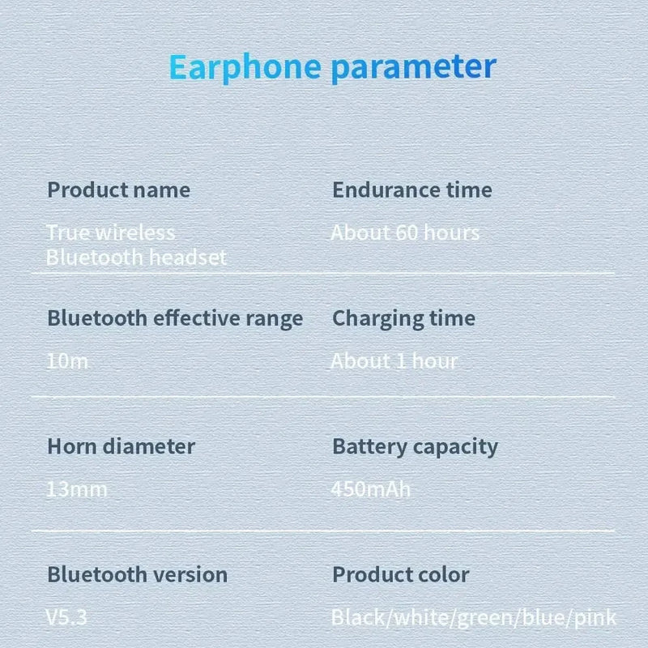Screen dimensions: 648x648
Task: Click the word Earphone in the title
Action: click(245, 66)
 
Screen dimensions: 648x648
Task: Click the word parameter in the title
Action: click(413, 66)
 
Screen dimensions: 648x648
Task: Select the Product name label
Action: click(118, 190)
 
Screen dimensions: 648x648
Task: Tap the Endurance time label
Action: click(412, 190)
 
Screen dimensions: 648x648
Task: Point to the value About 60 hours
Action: click(405, 233)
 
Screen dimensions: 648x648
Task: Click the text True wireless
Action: click(110, 233)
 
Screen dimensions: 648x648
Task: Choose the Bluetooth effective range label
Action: click(175, 318)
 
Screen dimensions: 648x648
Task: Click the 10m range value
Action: click(67, 361)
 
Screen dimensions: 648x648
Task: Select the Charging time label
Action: click(403, 318)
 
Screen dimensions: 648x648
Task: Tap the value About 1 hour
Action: click(394, 361)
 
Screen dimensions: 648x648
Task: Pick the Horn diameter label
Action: click(121, 446)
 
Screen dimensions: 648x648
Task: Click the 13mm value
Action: click(77, 489)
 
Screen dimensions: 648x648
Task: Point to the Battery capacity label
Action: click(415, 446)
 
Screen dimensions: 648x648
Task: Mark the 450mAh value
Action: click(371, 489)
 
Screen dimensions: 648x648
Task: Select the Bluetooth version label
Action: click(137, 575)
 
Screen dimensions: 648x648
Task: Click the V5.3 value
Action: click(66, 618)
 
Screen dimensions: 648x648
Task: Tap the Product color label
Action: click(400, 575)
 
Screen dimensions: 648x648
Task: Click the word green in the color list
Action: click(484, 619)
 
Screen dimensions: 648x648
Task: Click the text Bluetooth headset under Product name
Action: click(136, 258)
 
